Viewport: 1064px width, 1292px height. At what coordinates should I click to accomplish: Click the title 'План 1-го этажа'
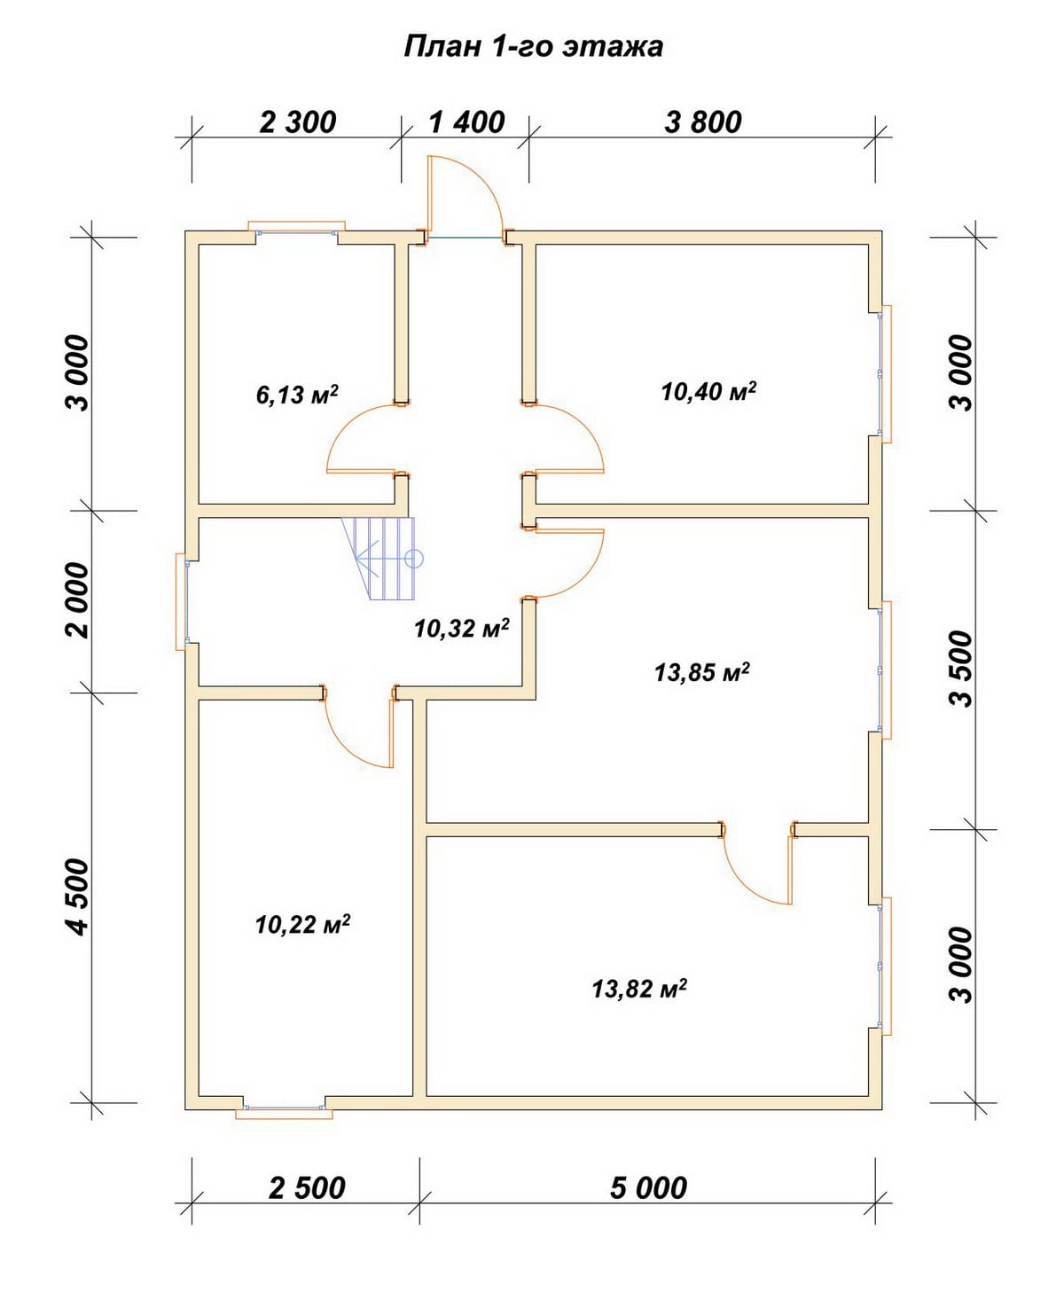tap(533, 46)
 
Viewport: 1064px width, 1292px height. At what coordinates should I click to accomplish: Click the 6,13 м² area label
tap(297, 394)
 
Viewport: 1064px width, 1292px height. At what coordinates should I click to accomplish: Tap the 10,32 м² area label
tap(461, 628)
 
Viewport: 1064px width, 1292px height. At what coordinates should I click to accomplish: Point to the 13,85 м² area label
tap(702, 672)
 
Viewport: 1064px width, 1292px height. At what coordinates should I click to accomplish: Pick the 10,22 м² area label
tap(302, 925)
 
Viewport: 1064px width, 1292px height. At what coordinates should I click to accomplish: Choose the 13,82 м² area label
tap(639, 988)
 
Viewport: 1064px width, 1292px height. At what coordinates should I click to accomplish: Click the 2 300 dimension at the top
tap(298, 121)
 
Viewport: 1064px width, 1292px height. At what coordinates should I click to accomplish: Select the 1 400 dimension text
tap(466, 121)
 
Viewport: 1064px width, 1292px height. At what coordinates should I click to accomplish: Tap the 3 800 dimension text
tap(703, 121)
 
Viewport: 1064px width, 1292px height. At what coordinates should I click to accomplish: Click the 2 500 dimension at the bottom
tap(307, 1187)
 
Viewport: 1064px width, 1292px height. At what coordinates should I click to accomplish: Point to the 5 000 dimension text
tap(648, 1187)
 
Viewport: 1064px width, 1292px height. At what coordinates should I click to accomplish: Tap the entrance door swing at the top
tap(464, 197)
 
